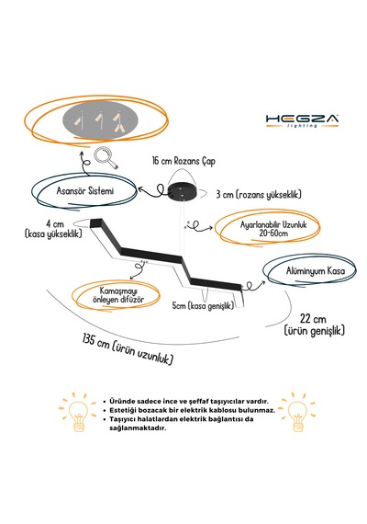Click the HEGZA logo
pos(302,120)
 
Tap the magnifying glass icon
pos(106,158)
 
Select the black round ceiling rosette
pos(183,192)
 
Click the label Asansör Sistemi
pos(85,191)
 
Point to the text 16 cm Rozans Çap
pos(183,161)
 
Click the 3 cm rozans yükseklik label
pos(259,195)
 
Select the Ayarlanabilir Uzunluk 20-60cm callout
pos(273,229)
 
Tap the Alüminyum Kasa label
pos(316,270)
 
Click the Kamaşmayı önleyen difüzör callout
pos(118,295)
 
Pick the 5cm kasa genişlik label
pos(203,305)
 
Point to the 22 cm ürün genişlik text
pos(314,325)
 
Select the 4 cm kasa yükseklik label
pos(53,229)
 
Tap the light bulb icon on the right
pos(297,413)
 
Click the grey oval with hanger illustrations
pos(100,120)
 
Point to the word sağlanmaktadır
pos(138,428)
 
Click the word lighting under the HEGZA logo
pos(302,126)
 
